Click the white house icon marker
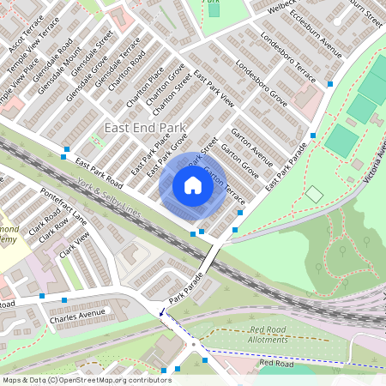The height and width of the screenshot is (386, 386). click(193, 185)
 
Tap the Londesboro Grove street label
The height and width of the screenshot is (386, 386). click(260, 87)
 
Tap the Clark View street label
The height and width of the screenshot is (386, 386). click(75, 248)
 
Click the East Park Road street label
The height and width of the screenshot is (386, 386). click(99, 173)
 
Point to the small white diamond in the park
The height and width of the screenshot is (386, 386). click(315, 195)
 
